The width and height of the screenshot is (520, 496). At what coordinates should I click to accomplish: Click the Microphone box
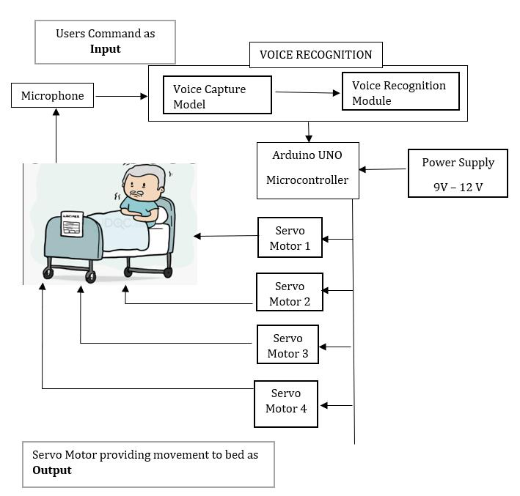(52, 96)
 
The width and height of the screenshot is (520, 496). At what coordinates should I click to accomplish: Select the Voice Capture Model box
(217, 95)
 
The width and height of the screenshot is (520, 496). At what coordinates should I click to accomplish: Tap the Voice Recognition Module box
(400, 92)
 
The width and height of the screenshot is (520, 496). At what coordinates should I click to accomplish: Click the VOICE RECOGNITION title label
(316, 55)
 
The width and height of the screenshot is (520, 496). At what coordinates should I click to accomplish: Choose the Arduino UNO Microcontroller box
(307, 170)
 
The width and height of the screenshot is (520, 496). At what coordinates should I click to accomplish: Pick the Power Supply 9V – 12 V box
(458, 174)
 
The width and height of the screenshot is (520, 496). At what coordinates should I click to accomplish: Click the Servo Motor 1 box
(290, 237)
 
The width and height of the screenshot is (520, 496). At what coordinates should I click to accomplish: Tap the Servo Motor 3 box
(288, 346)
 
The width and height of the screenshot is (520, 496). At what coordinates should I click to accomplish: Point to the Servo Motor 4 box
(286, 402)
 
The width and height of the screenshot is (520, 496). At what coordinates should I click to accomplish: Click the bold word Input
(105, 49)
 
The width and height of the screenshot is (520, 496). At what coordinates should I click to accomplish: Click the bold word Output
(52, 470)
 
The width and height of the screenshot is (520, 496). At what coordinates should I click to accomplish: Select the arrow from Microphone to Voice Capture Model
(121, 96)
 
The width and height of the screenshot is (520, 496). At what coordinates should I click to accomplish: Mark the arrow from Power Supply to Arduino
(383, 170)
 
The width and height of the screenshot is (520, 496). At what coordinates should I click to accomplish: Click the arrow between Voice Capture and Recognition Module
(307, 92)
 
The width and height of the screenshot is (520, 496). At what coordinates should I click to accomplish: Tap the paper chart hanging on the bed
(72, 224)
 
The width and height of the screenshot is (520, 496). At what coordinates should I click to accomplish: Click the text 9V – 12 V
(458, 187)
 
